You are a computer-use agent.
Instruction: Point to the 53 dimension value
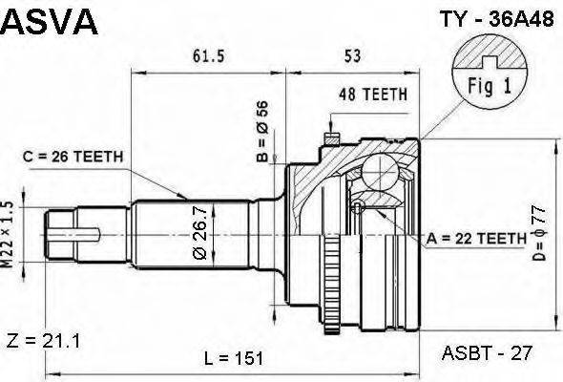[x=352, y=56]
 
